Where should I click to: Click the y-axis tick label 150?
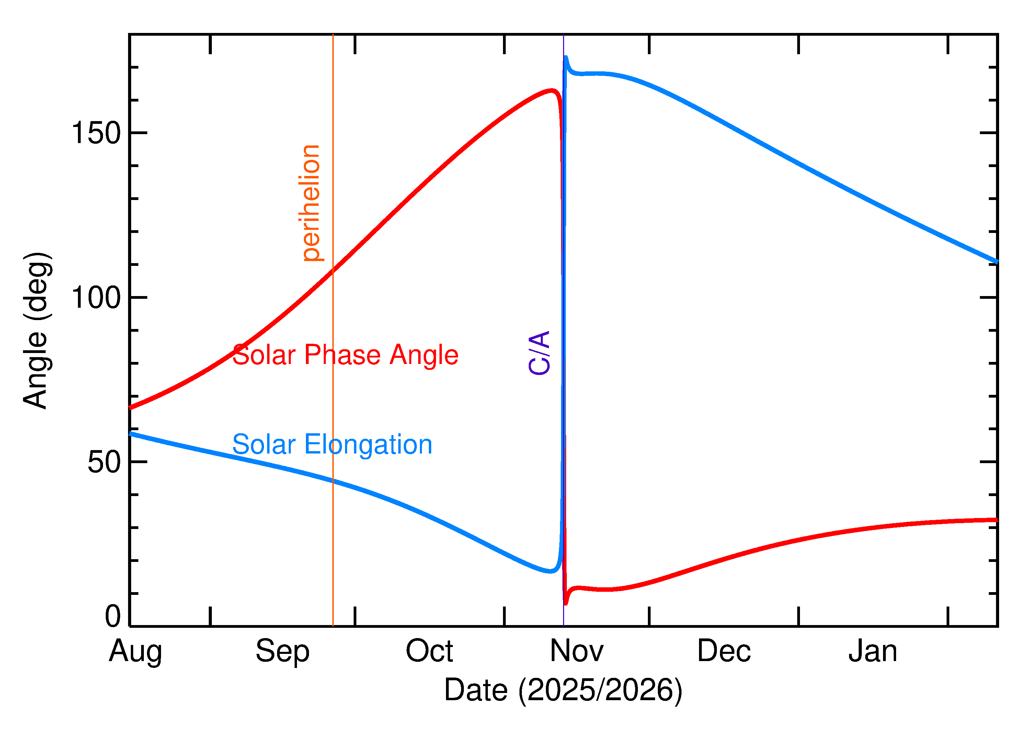coord(96,133)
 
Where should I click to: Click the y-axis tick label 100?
coord(96,298)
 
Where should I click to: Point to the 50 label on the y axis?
coord(104,462)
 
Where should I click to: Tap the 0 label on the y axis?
coord(113,616)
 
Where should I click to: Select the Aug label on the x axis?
coord(135,652)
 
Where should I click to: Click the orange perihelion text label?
coord(311,203)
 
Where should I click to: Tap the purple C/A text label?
coord(539,353)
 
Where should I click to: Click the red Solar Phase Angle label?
coord(345,355)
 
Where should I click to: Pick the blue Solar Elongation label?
coord(332,445)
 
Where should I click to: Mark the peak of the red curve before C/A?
coord(552,91)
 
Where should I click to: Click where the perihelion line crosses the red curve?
coord(333,271)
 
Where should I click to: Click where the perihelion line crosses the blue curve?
coord(333,481)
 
